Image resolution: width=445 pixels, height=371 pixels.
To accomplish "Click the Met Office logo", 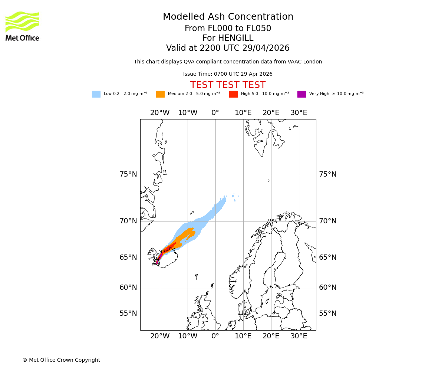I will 22,26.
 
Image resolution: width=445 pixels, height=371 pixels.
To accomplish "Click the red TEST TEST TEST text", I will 228,85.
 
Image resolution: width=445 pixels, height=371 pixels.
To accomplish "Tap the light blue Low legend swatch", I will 96,94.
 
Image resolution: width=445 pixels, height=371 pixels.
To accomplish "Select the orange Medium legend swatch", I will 160,94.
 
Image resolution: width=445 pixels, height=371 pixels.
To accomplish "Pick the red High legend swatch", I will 233,94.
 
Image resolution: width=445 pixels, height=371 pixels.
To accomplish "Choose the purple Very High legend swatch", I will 301,94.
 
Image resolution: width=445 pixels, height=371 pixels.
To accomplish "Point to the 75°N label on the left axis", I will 128,174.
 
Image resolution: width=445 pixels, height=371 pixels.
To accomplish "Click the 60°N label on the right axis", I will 328,288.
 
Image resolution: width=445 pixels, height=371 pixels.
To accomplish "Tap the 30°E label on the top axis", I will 299,113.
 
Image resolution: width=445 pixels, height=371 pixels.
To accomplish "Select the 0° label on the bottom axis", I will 215,336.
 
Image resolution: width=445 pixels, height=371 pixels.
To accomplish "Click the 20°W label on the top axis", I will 160,113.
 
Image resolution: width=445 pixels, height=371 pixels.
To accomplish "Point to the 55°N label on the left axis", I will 128,313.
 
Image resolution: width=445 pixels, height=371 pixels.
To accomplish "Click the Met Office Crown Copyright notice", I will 61,360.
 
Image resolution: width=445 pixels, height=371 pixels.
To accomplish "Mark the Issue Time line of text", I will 228,74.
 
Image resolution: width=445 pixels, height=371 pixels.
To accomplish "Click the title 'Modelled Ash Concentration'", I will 228,17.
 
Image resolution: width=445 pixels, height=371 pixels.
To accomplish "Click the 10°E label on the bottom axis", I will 243,336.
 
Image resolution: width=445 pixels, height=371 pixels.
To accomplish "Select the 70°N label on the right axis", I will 328,221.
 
